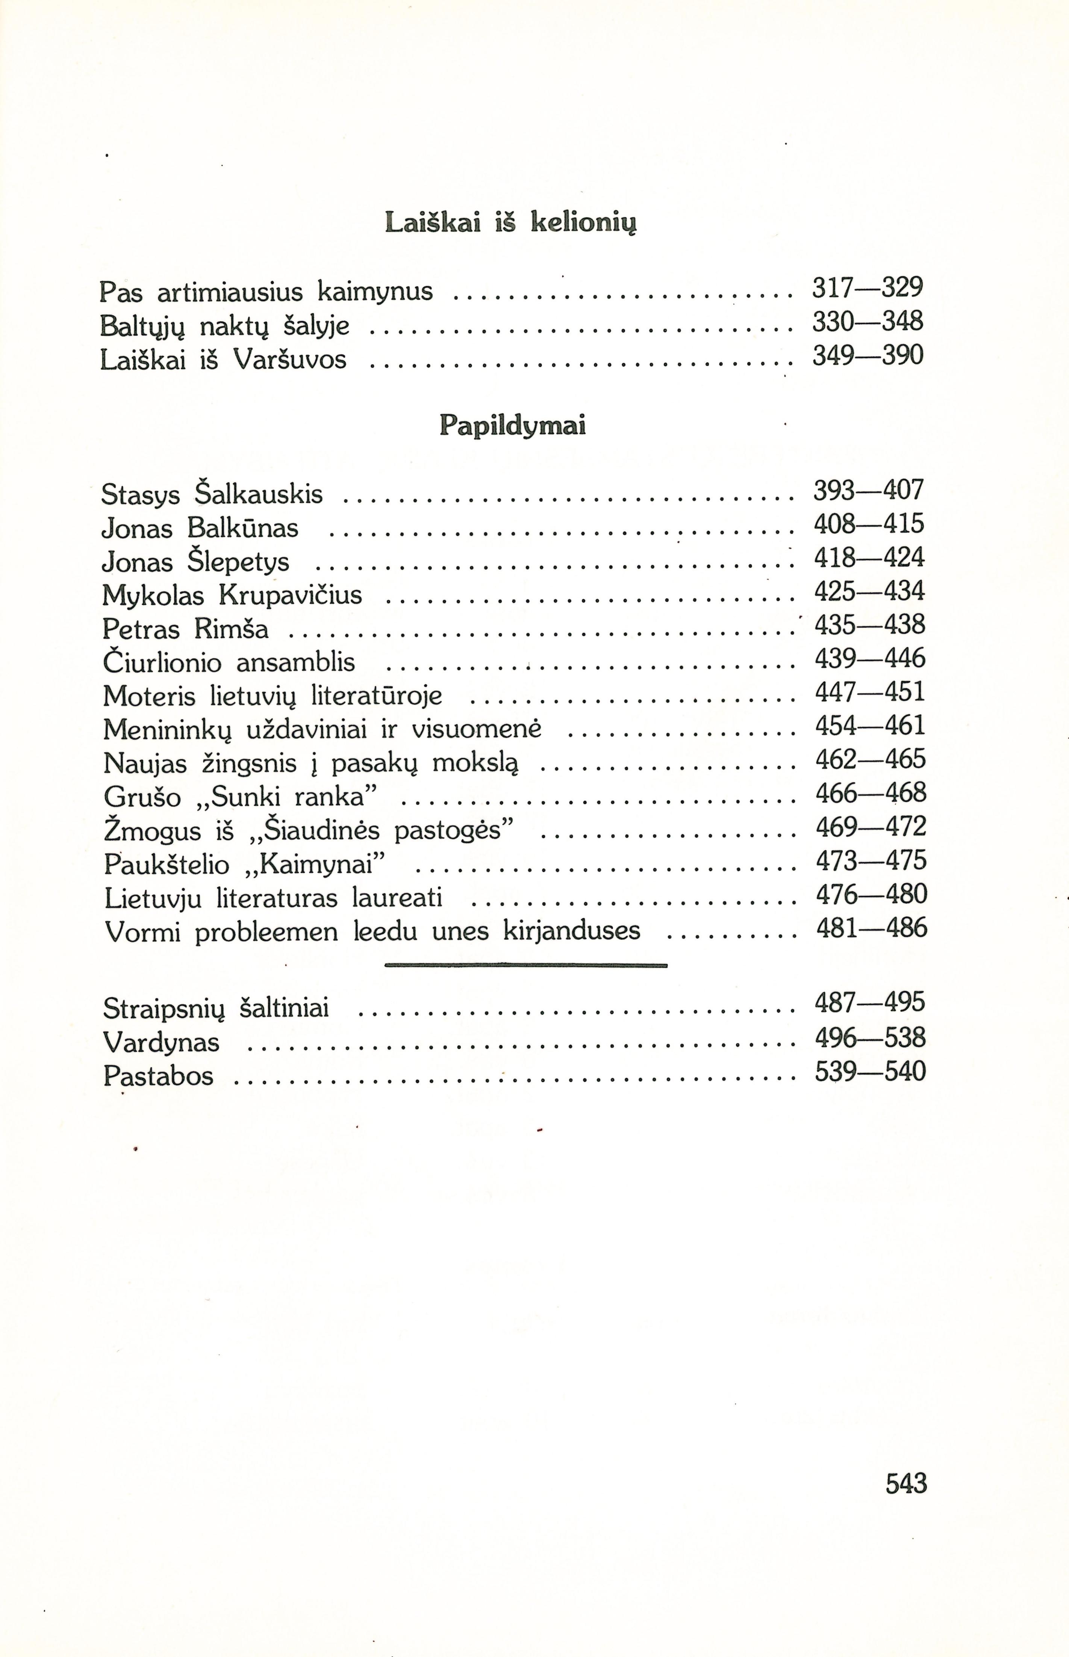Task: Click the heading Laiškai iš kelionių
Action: pos(510,223)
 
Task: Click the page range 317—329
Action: pos(868,288)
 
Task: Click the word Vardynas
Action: pos(161,1042)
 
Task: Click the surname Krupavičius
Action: pos(291,595)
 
